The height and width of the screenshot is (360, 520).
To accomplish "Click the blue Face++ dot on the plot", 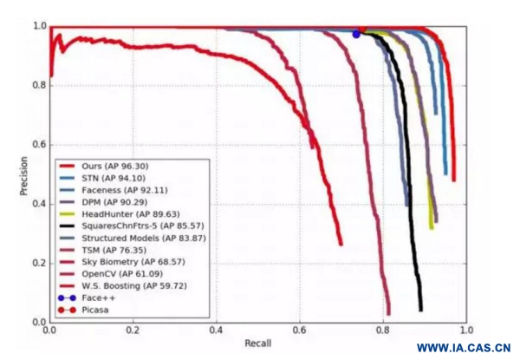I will tap(356, 34).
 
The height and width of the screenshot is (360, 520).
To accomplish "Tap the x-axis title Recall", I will tap(257, 345).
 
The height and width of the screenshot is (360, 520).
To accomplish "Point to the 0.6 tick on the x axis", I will tap(300, 331).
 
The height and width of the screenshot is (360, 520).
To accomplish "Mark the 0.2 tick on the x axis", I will tap(133, 331).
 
